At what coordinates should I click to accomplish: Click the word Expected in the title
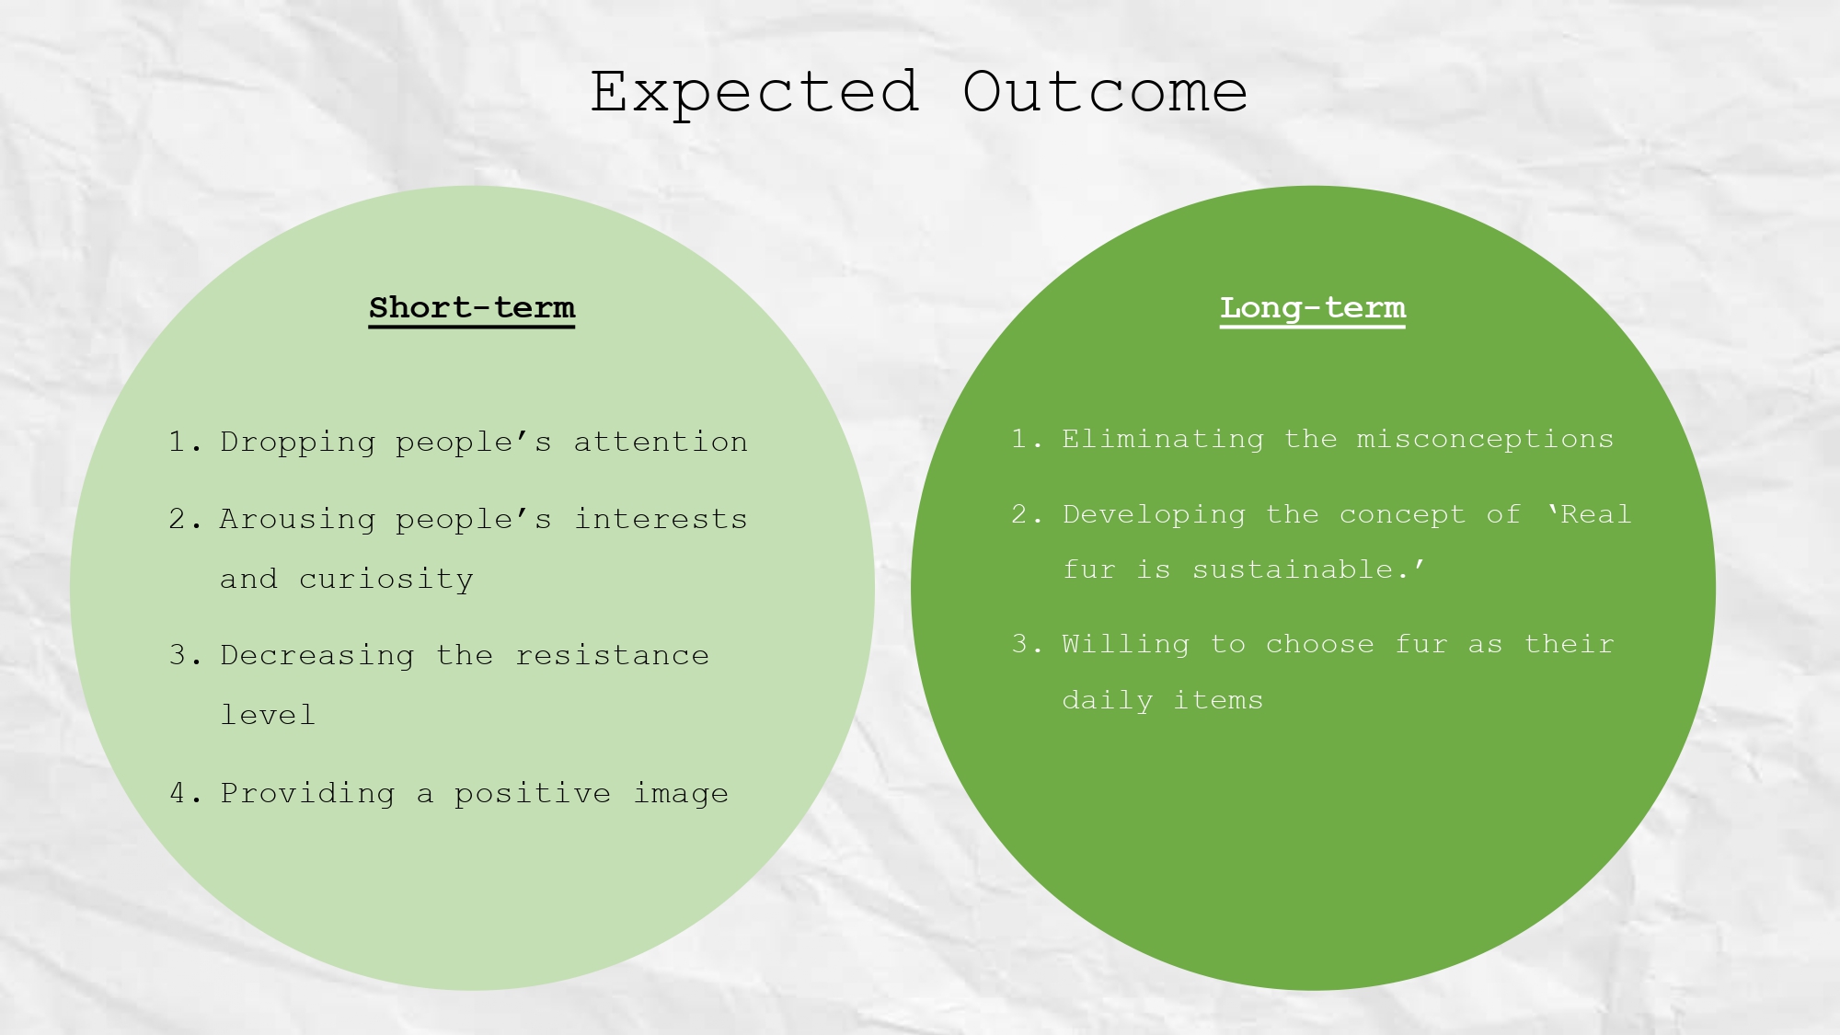[x=754, y=93]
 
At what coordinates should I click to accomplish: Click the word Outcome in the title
[x=1105, y=93]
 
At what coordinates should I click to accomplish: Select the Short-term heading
[x=472, y=307]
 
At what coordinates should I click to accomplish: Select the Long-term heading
[x=1313, y=307]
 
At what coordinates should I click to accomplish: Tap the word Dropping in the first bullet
[x=297, y=443]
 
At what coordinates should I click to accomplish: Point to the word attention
[x=661, y=442]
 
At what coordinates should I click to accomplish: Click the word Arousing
[x=297, y=520]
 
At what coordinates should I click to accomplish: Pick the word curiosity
[x=386, y=580]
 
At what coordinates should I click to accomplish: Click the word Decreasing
[x=316, y=655]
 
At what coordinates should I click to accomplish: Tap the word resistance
[x=612, y=655]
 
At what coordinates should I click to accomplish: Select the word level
[x=268, y=715]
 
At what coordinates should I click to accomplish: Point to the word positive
[x=532, y=793]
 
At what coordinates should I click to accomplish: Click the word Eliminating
[x=1163, y=439]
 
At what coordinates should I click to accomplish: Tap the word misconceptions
[x=1485, y=439]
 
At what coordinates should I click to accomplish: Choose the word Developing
[x=1154, y=514]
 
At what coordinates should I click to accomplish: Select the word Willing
[x=1125, y=644]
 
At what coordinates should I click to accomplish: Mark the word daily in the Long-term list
[x=1107, y=701]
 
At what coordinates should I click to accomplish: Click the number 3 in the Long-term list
[x=1019, y=644]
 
